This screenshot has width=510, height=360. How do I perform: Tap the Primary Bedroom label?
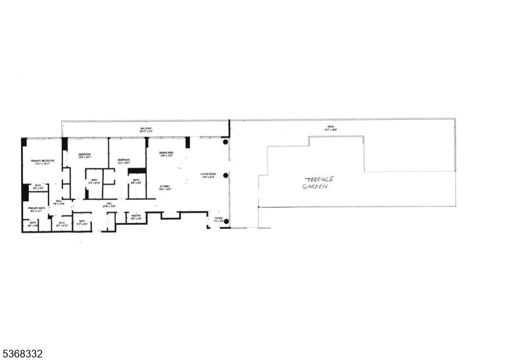[x=42, y=161]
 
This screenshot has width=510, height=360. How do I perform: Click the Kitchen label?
[x=164, y=186]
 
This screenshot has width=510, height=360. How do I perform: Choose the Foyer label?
[x=219, y=219]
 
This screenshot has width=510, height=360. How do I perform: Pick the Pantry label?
[x=136, y=217]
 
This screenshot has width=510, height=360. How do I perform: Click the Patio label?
[x=331, y=127]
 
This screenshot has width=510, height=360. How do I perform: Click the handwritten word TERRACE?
[x=319, y=180]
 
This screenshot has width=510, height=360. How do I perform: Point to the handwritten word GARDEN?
[x=317, y=188]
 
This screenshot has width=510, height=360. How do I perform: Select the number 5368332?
[x=22, y=353]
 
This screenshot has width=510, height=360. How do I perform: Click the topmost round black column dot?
[x=226, y=142]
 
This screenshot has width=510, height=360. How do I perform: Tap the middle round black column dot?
[x=226, y=175]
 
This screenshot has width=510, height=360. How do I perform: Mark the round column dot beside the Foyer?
[x=226, y=222]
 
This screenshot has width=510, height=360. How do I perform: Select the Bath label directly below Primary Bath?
[x=33, y=222]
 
